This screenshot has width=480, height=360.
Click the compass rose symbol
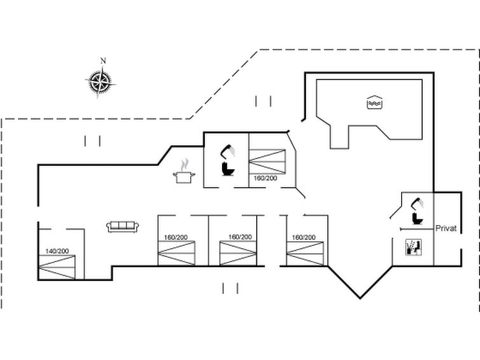pos(100,82)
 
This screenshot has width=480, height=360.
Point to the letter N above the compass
pos(103,60)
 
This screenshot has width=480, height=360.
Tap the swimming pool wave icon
pos(374,102)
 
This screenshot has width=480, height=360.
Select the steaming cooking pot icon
pos(184,172)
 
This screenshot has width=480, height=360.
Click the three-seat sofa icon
pos(123,226)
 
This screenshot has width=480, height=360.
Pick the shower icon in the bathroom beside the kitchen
pos(228,151)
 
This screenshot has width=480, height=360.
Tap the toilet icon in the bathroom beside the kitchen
pos(228,169)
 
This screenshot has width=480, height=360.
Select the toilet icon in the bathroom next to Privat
pos(418,218)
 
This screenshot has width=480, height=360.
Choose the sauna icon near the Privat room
pos(414,247)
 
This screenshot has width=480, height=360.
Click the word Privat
pos(446,228)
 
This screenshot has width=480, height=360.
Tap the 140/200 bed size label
pos(57,251)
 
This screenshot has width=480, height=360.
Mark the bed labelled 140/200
pos(57,267)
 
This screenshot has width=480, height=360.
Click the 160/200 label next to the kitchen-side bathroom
pos(265,178)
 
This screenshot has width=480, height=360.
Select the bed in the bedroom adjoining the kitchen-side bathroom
pos(267,161)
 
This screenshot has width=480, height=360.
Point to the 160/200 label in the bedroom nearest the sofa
pos(175,237)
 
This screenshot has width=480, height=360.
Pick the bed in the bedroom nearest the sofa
pos(176,253)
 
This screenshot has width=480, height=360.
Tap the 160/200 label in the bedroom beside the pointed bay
pos(304,237)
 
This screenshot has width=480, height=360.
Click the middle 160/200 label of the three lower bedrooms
pos(240,237)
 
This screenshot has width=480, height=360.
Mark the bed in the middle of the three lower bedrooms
pos(238,253)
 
